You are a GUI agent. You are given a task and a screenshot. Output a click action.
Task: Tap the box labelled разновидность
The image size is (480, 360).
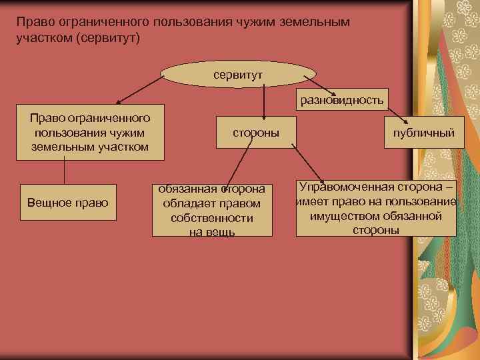tap(342, 101)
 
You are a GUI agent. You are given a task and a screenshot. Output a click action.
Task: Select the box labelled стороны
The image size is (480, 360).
tap(256, 133)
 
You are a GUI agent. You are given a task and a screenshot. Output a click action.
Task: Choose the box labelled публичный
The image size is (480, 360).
tap(424, 133)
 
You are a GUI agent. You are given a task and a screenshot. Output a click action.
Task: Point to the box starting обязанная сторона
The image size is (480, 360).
tap(212, 210)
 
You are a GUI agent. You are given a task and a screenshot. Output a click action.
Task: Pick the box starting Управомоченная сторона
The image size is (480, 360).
tap(377, 207)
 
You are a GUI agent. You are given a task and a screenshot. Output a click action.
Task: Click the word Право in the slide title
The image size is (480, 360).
tap(33, 21)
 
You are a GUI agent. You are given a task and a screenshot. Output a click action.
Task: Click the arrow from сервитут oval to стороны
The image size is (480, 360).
tap(264, 103)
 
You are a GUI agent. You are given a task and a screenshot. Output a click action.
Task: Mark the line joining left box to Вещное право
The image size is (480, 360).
tap(65, 171)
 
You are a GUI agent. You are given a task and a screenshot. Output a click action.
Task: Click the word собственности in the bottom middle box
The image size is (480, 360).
tap(211, 218)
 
